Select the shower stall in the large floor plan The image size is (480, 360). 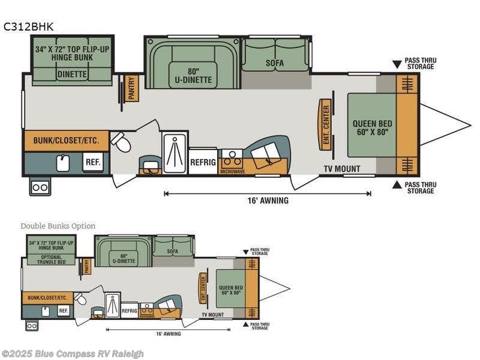coord(175,153)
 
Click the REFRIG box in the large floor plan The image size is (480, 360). coord(203,161)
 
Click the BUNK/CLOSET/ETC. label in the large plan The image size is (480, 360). coord(66,141)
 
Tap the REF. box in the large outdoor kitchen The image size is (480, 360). coord(92,162)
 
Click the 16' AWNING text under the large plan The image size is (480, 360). coord(267,200)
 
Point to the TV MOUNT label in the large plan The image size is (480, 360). coord(342,169)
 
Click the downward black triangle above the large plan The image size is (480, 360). coord(396,63)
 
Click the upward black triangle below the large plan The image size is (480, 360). coord(396,185)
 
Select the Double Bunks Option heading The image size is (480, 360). coord(58,226)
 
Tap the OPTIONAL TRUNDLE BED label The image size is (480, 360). coord(52,259)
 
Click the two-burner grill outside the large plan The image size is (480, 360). coord(40,187)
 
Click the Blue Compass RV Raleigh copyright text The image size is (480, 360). coord(73,353)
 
